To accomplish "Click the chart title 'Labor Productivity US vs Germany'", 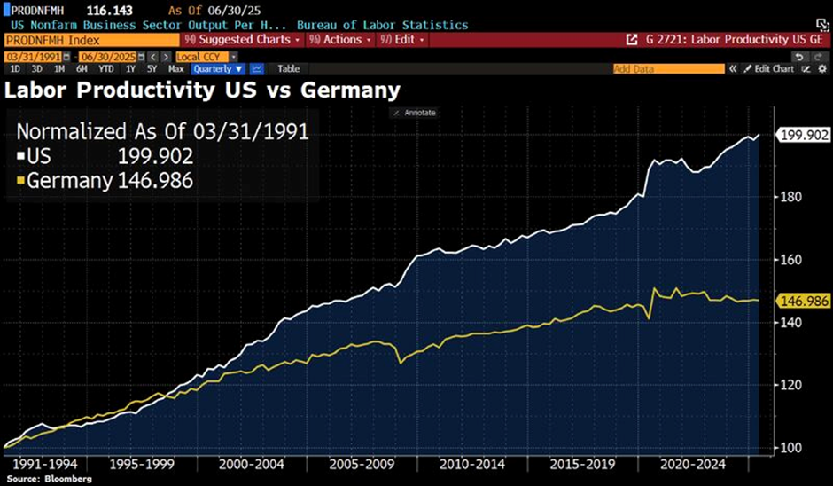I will coord(202,90).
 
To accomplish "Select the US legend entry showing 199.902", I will coord(105,157).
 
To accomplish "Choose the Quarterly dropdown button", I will coord(217,68).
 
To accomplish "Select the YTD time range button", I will coord(105,68).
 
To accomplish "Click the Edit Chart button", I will coord(768,68).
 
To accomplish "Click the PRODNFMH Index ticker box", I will coord(89,40).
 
